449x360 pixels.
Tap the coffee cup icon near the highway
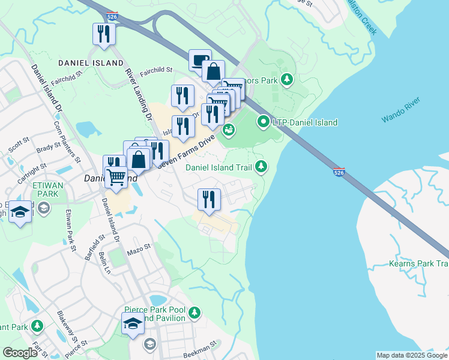pyautogui.click(x=200, y=60)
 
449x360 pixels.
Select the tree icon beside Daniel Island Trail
pyautogui.click(x=261, y=166)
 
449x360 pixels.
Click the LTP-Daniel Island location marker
pyautogui.click(x=263, y=122)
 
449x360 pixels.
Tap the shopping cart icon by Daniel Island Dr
pyautogui.click(x=116, y=177)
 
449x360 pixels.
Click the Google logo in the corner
pyautogui.click(x=20, y=353)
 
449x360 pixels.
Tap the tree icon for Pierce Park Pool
pyautogui.click(x=194, y=313)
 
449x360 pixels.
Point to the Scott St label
pyautogui.click(x=19, y=146)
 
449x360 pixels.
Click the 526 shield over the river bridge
pyautogui.click(x=339, y=172)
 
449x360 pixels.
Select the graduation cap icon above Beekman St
pyautogui.click(x=133, y=325)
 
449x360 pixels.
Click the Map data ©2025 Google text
pyautogui.click(x=411, y=355)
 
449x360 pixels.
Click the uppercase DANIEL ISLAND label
pyautogui.click(x=82, y=62)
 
